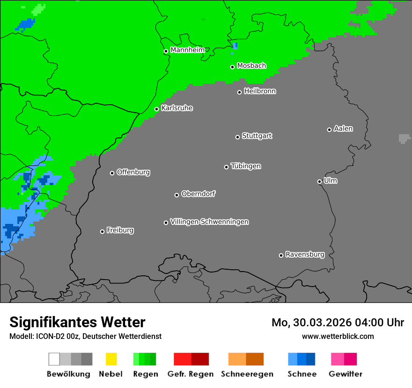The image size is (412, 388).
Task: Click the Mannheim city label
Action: tap(187, 50)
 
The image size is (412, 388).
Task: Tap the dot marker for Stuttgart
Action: tap(237, 137)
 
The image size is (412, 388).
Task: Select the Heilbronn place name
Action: tap(260, 91)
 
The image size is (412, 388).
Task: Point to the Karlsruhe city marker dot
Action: tap(156, 109)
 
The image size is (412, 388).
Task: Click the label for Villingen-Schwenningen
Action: tap(209, 222)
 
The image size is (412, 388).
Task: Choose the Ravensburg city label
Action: tap(305, 254)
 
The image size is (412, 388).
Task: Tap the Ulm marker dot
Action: tap(319, 181)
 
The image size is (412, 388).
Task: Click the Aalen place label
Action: tap(343, 129)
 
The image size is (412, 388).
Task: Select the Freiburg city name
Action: tap(120, 230)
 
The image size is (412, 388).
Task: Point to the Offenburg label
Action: tap(133, 172)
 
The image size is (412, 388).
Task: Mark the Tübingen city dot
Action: tap(226, 167)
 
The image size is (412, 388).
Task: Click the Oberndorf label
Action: tap(198, 194)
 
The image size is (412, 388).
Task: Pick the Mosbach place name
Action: tap(251, 66)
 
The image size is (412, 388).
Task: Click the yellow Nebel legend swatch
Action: tap(111, 359)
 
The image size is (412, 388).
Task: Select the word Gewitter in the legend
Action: tap(345, 374)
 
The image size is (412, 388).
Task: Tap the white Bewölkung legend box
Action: tap(54, 359)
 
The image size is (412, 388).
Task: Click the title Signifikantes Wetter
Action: tap(77, 322)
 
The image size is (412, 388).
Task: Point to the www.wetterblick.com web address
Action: tap(338, 336)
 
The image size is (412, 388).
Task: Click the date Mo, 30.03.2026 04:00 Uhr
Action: tap(338, 323)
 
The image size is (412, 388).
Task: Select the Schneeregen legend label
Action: tap(247, 374)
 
